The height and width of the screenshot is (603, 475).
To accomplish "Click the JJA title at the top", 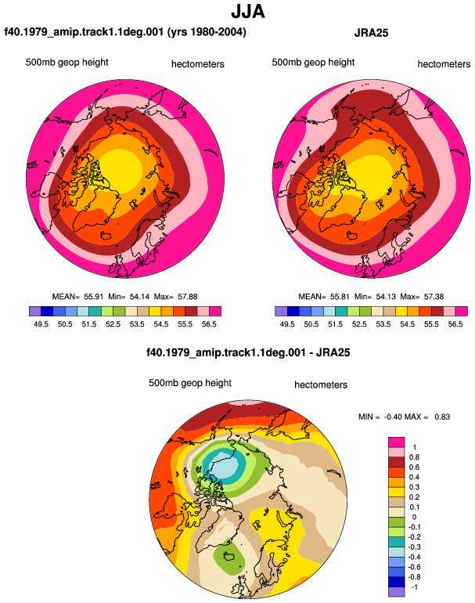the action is (248, 12).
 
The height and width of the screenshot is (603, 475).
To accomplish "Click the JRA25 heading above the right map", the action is (371, 33).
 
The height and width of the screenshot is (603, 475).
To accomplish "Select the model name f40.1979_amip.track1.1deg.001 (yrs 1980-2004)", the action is (125, 31).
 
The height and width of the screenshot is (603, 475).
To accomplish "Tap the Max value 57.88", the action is (188, 297).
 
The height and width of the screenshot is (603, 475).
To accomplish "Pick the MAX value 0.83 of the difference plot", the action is (442, 417).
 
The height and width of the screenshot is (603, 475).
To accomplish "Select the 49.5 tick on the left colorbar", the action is (41, 324).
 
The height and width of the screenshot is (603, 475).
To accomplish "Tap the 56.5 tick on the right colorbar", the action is (455, 324).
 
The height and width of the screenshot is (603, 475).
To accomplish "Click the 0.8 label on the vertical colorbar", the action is (414, 457).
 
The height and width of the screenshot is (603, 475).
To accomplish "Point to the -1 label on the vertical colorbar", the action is (414, 587).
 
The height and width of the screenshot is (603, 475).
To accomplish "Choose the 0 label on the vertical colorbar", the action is (414, 517).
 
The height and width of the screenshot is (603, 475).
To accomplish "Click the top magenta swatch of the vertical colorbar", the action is (396, 442).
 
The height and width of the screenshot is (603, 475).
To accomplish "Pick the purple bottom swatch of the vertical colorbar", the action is (396, 592).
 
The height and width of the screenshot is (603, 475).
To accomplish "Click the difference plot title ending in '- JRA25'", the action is (248, 352).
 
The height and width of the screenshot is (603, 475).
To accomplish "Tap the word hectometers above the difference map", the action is (321, 385).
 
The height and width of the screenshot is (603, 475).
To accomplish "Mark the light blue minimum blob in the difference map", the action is (223, 465).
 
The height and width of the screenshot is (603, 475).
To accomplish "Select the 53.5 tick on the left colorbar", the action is (137, 324).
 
